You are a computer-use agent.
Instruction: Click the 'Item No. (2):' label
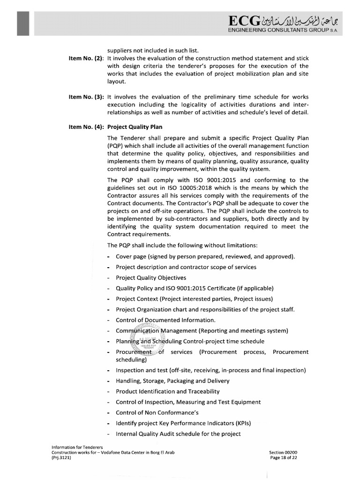tap(86, 59)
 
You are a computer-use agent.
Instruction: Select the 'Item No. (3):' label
tap(86, 97)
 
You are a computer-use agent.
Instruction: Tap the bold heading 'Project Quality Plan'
tap(135, 126)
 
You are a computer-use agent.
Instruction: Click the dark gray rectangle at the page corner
tap(23, 23)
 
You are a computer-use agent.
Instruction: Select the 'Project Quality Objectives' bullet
tap(151, 277)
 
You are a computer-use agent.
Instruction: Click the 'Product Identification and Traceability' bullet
tap(167, 391)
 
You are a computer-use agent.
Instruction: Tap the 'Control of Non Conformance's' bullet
tap(157, 412)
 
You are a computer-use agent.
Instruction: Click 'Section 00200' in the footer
tap(283, 452)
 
